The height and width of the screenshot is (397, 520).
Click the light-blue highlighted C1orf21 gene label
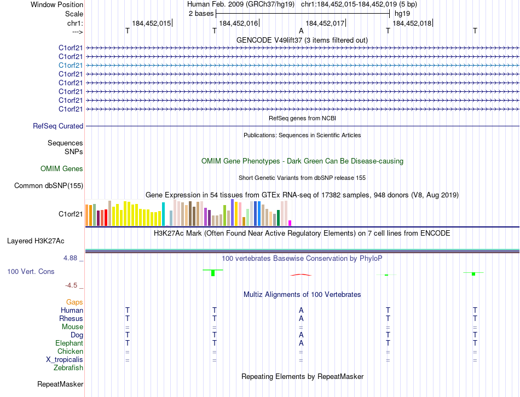71,65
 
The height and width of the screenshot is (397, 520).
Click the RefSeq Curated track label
58,126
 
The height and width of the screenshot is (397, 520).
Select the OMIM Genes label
62,169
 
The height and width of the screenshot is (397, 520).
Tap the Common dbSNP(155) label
48,186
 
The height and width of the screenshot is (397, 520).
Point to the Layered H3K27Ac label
36,241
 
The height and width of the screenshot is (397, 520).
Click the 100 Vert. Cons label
31,271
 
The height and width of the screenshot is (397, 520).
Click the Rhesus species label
72,318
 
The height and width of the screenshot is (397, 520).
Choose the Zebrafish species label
68,367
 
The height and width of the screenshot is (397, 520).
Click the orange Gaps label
74,302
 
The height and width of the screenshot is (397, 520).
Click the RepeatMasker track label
60,384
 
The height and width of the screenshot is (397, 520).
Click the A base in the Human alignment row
301,310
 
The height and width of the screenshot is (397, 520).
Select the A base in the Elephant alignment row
301,343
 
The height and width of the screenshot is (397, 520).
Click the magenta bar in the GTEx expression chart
290,223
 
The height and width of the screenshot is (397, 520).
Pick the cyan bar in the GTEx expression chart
163,214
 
